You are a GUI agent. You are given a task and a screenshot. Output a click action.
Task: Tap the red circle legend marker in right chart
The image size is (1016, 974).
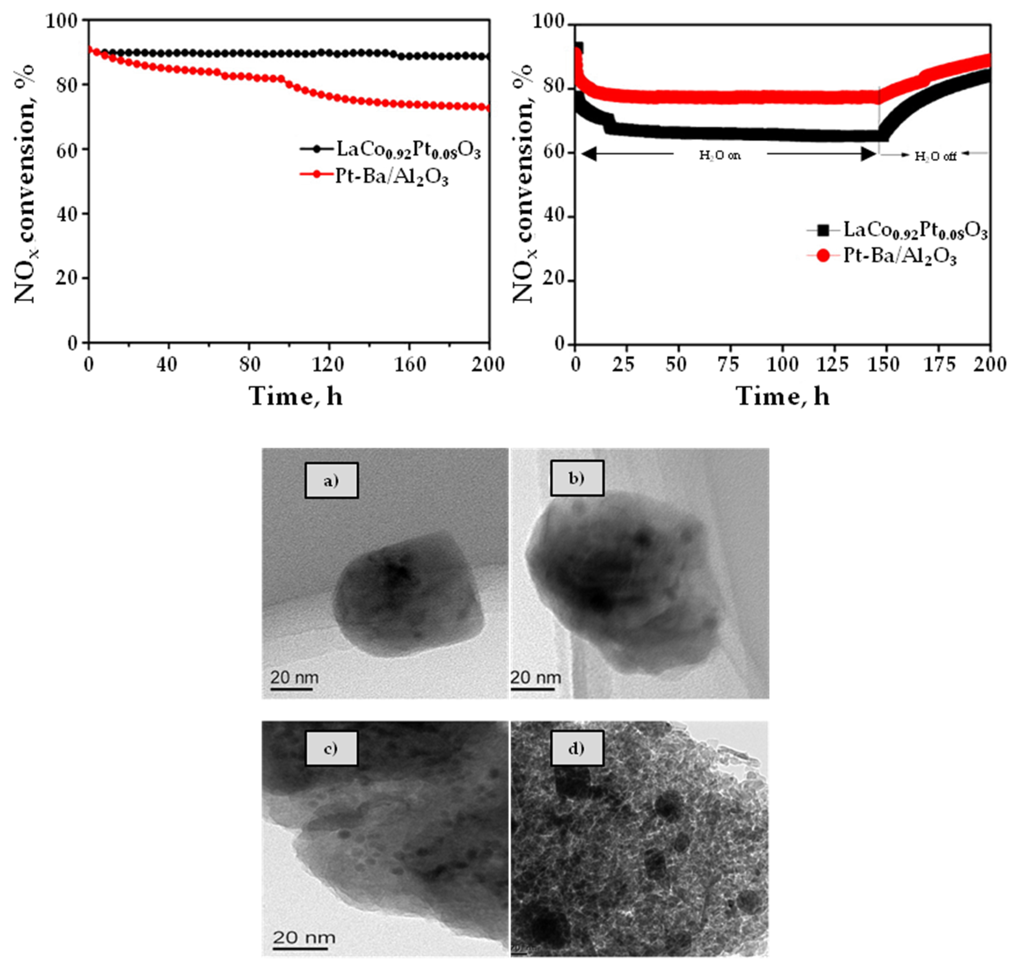[823, 256]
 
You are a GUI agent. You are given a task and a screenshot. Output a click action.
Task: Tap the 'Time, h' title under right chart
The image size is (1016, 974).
[783, 397]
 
